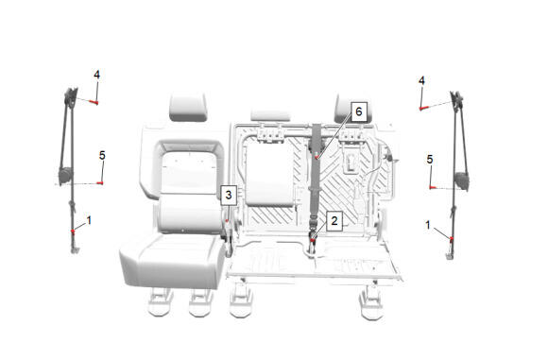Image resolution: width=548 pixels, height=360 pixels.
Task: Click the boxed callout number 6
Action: click(359, 111)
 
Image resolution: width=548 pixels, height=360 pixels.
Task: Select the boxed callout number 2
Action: click(334, 221)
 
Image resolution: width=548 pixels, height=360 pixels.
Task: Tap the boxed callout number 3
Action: click(229, 195)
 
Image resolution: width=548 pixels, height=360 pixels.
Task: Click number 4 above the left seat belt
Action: click(96, 75)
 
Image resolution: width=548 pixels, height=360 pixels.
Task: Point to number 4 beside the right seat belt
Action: click(421, 81)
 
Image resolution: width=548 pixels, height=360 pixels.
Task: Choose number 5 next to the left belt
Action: click(102, 156)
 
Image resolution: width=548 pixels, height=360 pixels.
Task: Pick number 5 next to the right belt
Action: click(430, 160)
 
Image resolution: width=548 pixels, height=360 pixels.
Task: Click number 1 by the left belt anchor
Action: click(89, 220)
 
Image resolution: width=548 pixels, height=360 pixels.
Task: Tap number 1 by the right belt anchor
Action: click(428, 226)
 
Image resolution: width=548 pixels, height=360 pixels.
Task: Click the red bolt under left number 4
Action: click(94, 102)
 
